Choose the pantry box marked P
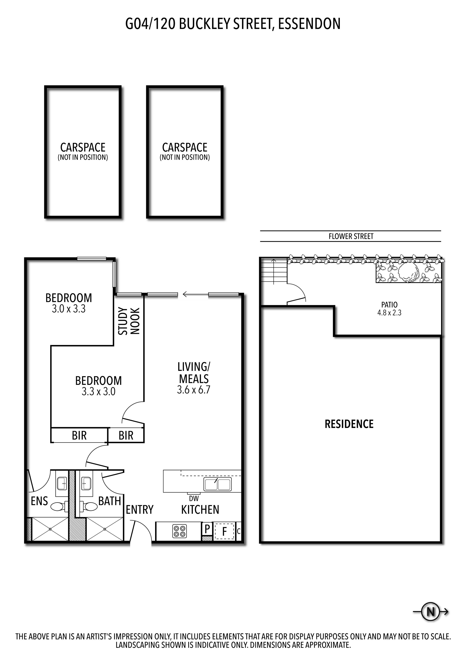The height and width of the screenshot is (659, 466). coord(207,528)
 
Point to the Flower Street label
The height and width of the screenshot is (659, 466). coord(351,237)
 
